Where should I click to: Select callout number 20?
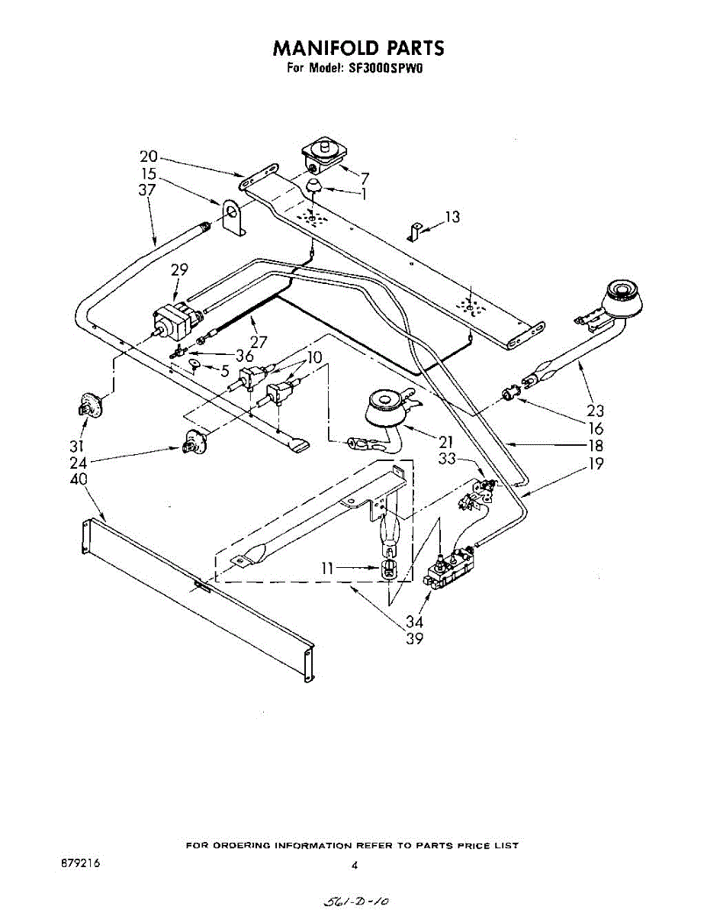(x=148, y=156)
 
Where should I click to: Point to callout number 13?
(x=452, y=217)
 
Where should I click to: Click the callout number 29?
(x=179, y=269)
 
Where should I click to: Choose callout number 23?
(x=595, y=411)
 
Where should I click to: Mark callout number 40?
(x=79, y=479)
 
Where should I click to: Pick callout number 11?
(x=327, y=568)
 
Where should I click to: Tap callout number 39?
(x=414, y=639)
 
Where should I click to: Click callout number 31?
(x=76, y=446)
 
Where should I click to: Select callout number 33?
(x=447, y=459)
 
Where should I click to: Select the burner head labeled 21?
(x=385, y=406)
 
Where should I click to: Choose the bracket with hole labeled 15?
(x=233, y=217)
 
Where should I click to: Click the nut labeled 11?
(x=389, y=569)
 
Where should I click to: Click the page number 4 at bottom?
(x=355, y=866)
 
